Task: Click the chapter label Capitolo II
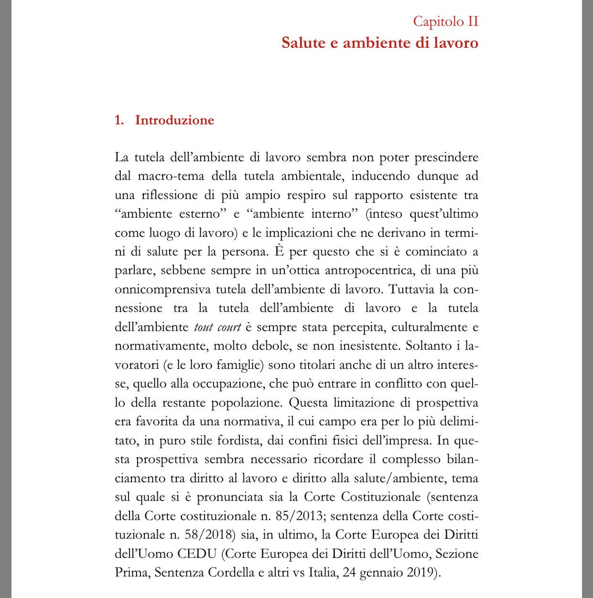pos(446,22)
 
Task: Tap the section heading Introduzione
pos(174,121)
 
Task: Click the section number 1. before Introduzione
pos(119,121)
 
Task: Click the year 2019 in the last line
pos(424,573)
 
